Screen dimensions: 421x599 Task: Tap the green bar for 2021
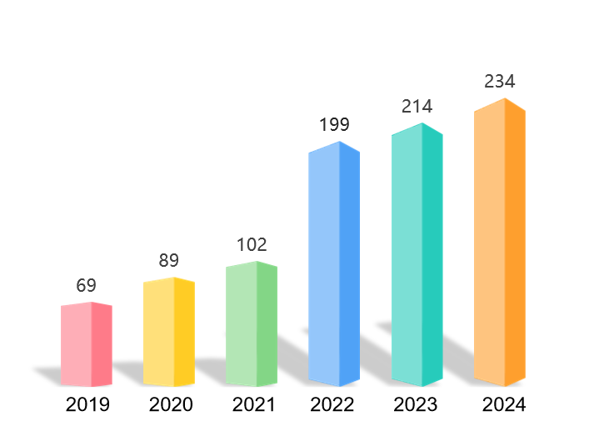tap(251, 324)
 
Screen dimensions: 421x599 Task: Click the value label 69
tap(86, 285)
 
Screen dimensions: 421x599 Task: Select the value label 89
tap(168, 260)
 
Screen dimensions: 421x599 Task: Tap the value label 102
tap(251, 244)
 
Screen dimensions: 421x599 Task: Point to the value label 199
tap(333, 125)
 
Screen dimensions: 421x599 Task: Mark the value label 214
tap(416, 106)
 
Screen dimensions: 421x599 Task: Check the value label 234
tap(499, 81)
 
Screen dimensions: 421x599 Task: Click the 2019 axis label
tap(87, 405)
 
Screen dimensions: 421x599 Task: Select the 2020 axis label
tap(171, 405)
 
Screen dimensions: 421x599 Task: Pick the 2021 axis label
tap(253, 405)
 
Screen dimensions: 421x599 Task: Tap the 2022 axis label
tap(332, 405)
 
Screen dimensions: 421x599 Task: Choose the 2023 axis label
tap(415, 405)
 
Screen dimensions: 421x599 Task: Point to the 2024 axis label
tap(504, 405)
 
